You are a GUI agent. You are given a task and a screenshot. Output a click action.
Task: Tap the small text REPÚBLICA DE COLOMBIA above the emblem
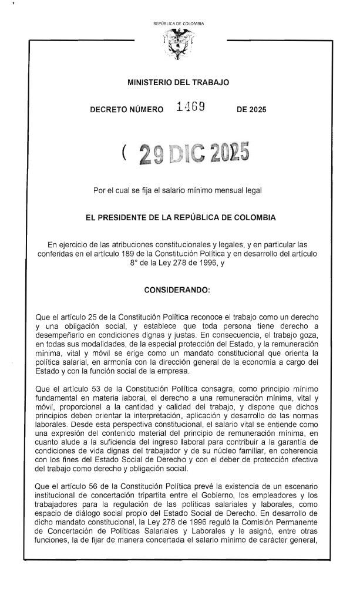pyautogui.click(x=178, y=23)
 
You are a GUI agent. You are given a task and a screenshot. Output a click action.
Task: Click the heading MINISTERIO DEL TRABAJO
pyautogui.click(x=178, y=83)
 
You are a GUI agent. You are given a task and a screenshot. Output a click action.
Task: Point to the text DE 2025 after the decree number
pyautogui.click(x=251, y=110)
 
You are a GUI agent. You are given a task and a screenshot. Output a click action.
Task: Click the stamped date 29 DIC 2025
pyautogui.click(x=193, y=153)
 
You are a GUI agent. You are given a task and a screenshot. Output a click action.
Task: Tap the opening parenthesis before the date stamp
pyautogui.click(x=125, y=153)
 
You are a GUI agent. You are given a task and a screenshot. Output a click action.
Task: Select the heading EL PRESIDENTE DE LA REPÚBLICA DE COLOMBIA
pyautogui.click(x=180, y=217)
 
